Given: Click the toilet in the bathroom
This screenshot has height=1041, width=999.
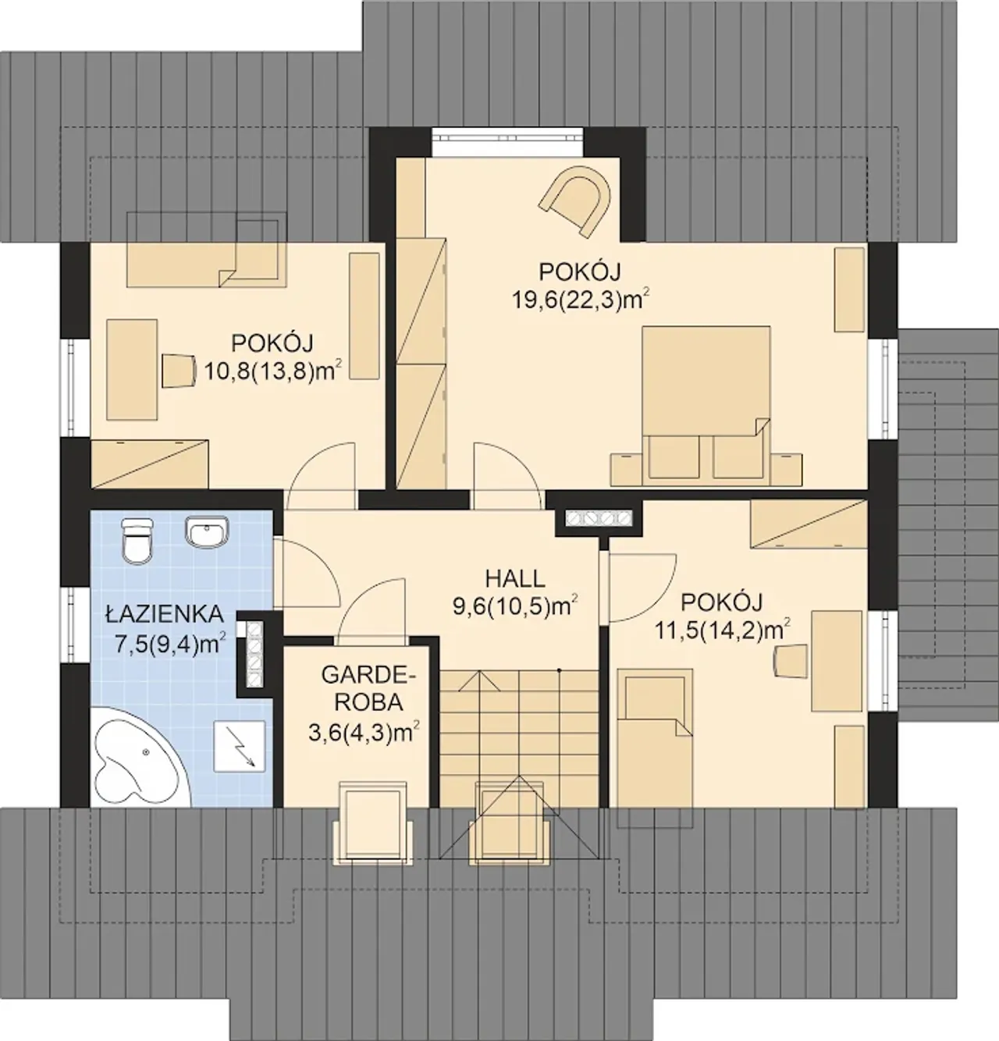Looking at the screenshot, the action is tap(137, 539).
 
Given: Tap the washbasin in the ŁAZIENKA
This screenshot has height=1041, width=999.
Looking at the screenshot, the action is tap(207, 532).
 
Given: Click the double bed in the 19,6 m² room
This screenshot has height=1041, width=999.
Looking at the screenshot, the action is tap(706, 403).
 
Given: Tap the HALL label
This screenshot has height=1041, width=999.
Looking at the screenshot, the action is tap(515, 578).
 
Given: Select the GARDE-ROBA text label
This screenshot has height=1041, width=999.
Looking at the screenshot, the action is tap(368, 688).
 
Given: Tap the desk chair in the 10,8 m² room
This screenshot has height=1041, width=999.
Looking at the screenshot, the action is tap(178, 370).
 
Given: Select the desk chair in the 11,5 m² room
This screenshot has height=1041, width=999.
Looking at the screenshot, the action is tap(791, 659).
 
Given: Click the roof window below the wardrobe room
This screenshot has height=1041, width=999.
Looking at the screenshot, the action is tap(374, 822).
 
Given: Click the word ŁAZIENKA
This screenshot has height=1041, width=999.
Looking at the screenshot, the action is tap(164, 614).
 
